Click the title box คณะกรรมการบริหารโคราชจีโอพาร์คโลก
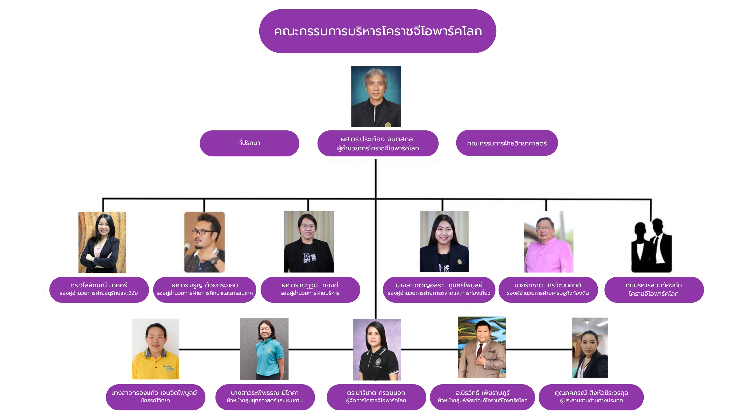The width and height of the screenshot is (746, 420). pos(377,31)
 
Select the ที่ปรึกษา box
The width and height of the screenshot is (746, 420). pos(249,143)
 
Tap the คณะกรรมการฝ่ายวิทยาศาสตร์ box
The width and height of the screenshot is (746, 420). pos(507,143)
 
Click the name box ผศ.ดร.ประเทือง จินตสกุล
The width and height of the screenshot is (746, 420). pos(378,143)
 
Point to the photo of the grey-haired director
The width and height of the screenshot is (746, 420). pos(376,96)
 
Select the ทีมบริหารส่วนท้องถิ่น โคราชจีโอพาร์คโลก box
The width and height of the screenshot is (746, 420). pos(654,290)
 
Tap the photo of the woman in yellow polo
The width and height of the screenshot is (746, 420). pos(155,349)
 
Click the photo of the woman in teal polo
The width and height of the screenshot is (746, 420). pos(264,349)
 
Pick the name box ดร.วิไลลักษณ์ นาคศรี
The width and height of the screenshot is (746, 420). pos(99,290)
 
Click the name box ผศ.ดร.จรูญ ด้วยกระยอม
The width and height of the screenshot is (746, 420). pos(204,290)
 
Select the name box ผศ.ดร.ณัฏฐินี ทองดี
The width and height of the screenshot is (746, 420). pos(310,290)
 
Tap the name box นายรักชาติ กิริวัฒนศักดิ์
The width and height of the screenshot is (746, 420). pos(548,290)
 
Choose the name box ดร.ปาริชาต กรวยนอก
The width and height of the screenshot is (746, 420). pos(376,397)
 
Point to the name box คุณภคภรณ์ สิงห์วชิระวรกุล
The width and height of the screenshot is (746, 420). pos(591,397)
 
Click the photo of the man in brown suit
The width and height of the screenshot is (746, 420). pos(482,347)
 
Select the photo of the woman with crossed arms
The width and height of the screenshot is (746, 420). pos(102,242)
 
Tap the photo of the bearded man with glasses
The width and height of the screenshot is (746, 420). pos(204,242)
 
